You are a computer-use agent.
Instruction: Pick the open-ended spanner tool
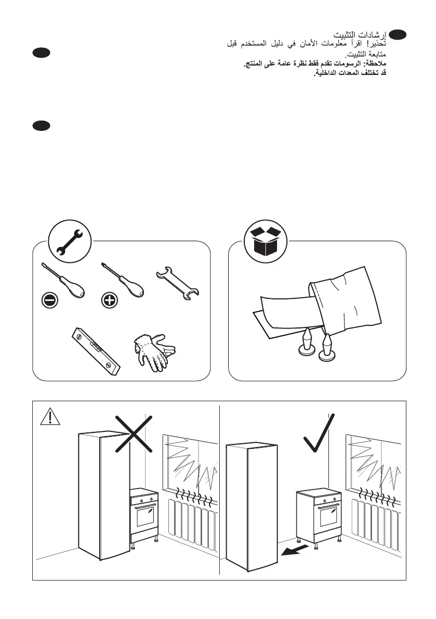(180, 284)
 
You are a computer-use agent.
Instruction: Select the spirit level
(97, 350)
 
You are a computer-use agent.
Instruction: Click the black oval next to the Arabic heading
(398, 34)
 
